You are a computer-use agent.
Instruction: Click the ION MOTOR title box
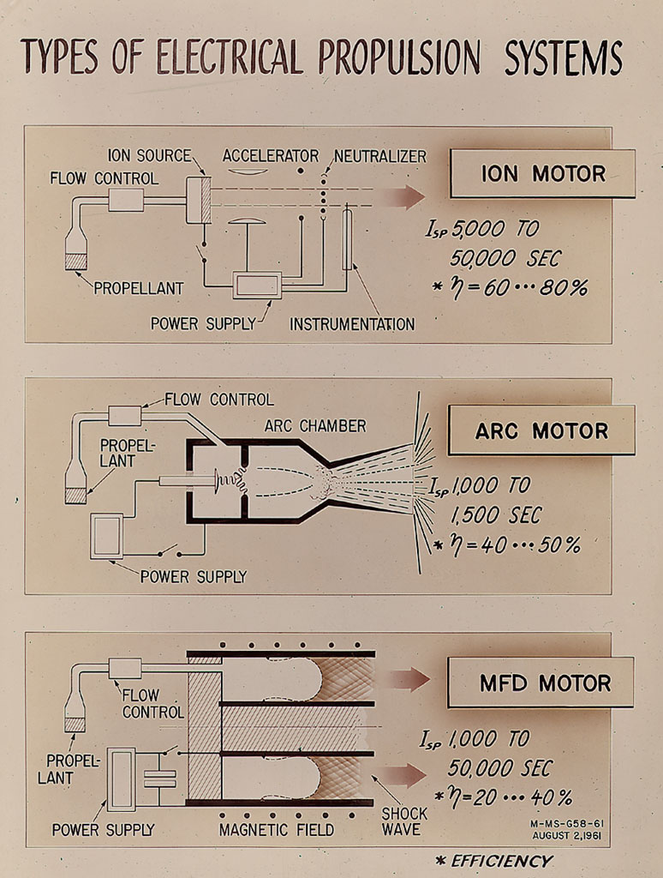click(x=542, y=173)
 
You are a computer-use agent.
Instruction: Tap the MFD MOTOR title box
click(x=541, y=683)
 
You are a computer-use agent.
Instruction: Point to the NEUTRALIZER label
click(x=379, y=156)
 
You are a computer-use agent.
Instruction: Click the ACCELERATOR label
click(x=270, y=156)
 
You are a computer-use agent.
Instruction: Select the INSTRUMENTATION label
click(x=352, y=324)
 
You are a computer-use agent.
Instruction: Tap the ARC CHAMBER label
click(x=315, y=426)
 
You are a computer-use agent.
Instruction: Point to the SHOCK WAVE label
click(x=404, y=821)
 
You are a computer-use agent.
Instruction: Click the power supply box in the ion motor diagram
click(x=257, y=285)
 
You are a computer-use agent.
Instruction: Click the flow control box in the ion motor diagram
click(x=125, y=201)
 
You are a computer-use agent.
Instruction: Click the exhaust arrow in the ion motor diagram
click(x=403, y=197)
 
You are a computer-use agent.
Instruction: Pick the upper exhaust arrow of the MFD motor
click(x=403, y=680)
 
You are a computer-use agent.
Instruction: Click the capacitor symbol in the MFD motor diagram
click(x=159, y=778)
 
